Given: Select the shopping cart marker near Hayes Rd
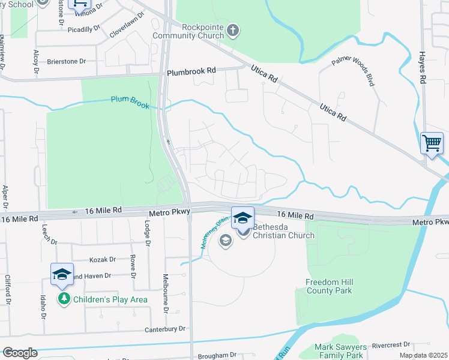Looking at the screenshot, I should point(432,144).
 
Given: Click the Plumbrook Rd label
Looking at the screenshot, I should point(191,70).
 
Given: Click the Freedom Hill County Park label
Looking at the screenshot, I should point(328,286).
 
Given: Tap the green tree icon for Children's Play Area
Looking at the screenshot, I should point(64,298).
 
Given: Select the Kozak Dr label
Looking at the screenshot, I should point(102,259).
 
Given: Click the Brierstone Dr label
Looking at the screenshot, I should point(67,61).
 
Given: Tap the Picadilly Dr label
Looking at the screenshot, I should point(83,29).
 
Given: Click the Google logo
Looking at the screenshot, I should point(20,353).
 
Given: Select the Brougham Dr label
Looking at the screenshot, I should point(217,355).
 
